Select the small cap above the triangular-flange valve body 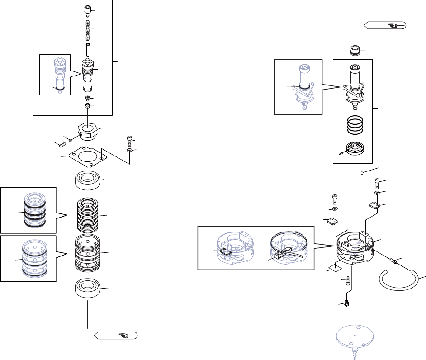[355, 49]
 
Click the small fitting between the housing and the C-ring [394, 261]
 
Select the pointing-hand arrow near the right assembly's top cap [386, 26]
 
